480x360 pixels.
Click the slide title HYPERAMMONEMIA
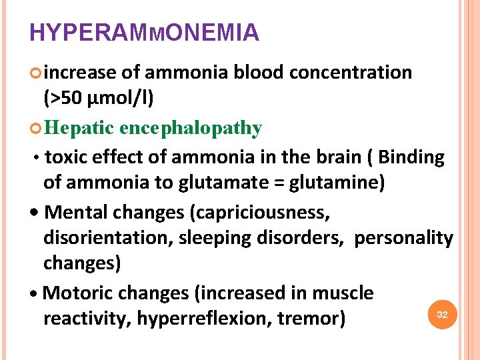coord(144,32)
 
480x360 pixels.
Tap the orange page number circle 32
coord(441,313)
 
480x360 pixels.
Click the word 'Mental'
coord(79,213)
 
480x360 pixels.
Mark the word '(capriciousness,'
coord(260,213)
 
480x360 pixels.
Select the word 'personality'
coord(404,238)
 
